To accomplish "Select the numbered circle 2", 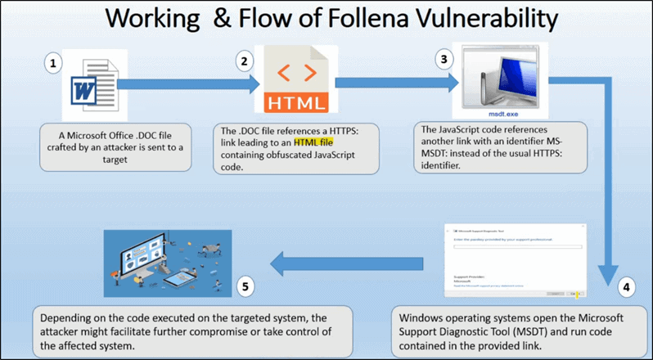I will point(243,61).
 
